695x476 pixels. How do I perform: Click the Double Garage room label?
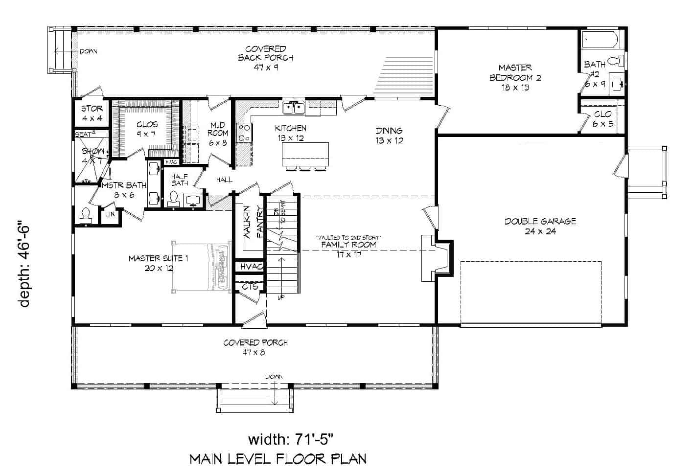click(x=540, y=226)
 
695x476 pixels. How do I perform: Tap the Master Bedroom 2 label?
click(x=515, y=77)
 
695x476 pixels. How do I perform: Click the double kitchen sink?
click(x=294, y=107)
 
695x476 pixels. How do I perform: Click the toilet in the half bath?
click(x=173, y=199)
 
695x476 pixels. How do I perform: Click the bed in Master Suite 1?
click(x=202, y=267)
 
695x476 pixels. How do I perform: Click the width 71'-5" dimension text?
click(x=292, y=439)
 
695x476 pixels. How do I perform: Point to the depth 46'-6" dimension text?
click(x=24, y=266)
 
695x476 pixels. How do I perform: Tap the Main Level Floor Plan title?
click(x=278, y=459)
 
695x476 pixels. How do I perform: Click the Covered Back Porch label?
click(x=265, y=58)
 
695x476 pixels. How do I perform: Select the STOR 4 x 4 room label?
click(x=92, y=113)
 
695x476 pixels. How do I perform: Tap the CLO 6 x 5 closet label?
click(x=602, y=118)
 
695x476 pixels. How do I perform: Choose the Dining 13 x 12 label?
click(x=389, y=136)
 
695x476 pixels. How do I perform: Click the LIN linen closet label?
click(x=110, y=214)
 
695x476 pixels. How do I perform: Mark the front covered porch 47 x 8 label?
click(x=255, y=347)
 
